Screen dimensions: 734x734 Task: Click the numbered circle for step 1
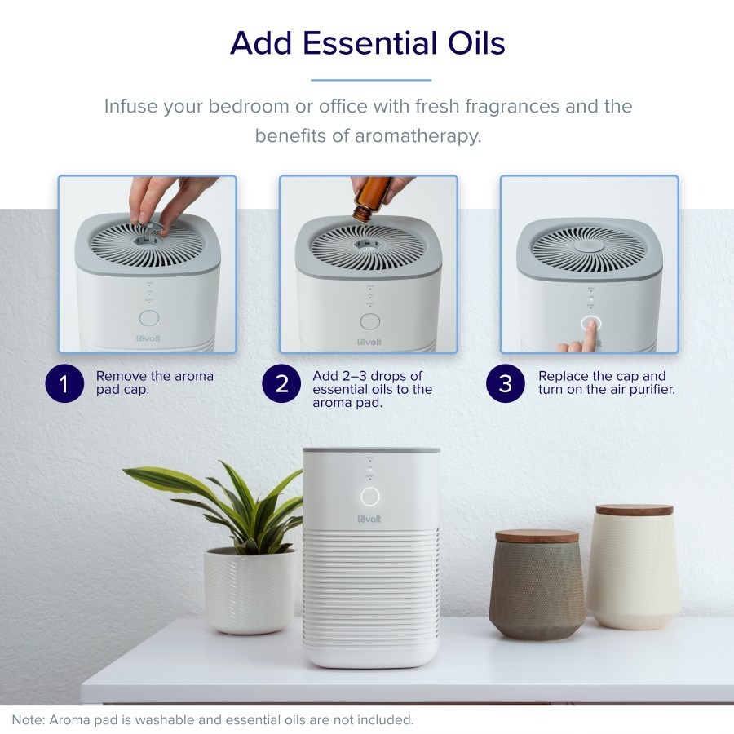[x=64, y=383]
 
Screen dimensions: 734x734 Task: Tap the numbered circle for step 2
[x=281, y=383]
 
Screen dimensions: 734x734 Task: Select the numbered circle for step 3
[x=506, y=383]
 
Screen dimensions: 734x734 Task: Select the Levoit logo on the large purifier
[x=369, y=519]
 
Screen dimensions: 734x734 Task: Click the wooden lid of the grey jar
[x=537, y=536]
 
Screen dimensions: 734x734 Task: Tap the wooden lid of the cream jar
[x=635, y=510]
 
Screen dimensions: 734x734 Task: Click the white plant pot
[x=250, y=590]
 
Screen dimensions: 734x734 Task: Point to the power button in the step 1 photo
[x=149, y=318]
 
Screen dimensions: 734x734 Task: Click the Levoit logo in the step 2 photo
[x=369, y=342]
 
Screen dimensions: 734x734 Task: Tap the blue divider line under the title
[x=371, y=80]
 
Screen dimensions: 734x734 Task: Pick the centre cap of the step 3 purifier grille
[x=589, y=246]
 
